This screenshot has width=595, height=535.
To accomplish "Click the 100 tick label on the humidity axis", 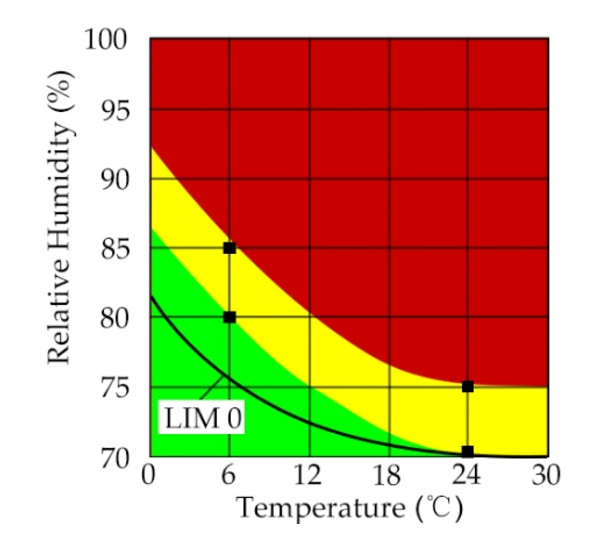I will pos(106,40).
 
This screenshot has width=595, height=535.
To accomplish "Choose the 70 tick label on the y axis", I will pos(115,457).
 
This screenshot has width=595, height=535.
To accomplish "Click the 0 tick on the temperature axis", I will pos(148,475).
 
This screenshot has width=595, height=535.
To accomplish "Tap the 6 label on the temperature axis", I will pos(229,475).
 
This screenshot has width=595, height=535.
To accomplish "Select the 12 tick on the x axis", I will pos(308,475).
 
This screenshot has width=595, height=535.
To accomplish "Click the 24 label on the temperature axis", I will pos(467,475).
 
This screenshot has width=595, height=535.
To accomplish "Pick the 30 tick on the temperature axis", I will pos(546,475).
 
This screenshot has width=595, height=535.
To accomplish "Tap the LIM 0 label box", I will pos(203,418).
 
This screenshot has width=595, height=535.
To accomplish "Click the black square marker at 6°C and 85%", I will pos(230,248).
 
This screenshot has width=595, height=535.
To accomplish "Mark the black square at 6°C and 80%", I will pos(230,317).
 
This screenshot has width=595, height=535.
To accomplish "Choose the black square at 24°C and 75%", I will pos(468,387).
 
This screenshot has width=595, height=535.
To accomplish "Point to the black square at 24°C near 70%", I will pos(468,451).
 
